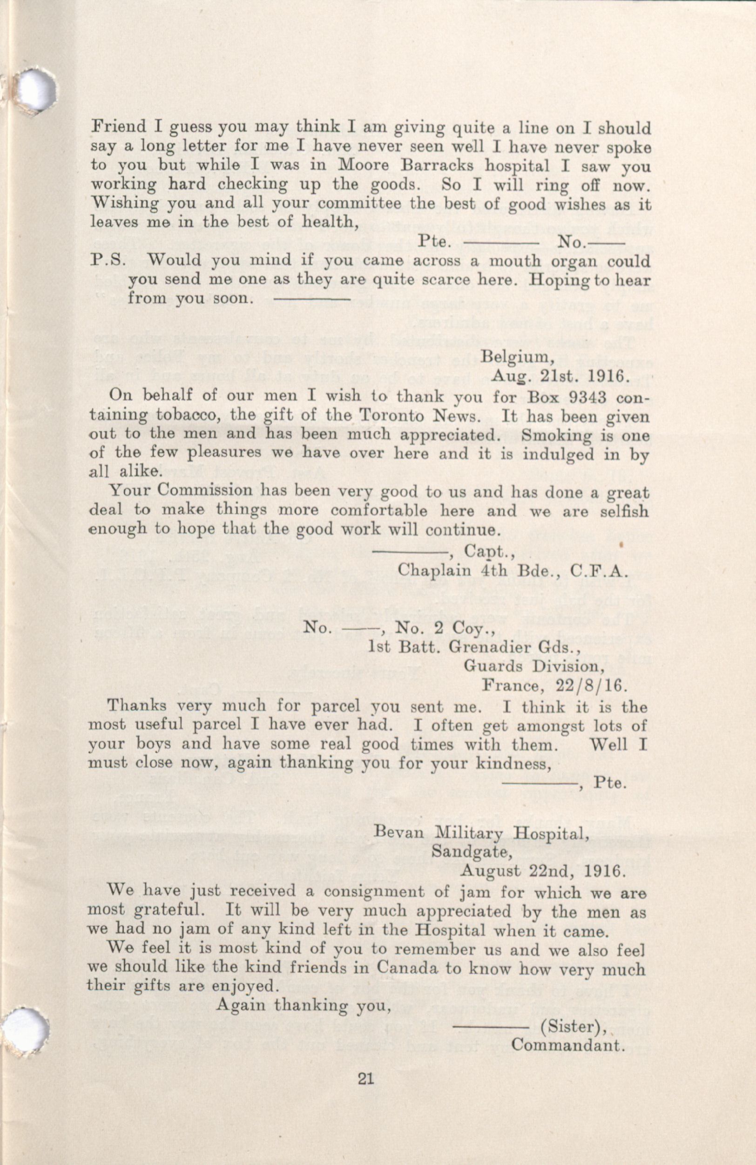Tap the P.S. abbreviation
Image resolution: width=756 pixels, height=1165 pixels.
108,260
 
